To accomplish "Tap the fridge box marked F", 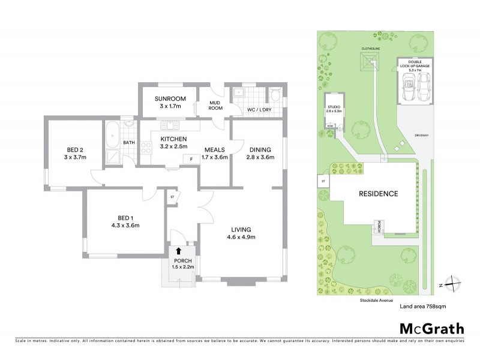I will [191, 159].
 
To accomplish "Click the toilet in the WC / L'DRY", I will [275, 95].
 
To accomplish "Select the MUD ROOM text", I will [215, 106].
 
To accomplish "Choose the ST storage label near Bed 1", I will [172, 196].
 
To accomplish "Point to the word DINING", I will [259, 149].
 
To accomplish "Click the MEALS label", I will [214, 149].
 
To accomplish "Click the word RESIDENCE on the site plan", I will [378, 194].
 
